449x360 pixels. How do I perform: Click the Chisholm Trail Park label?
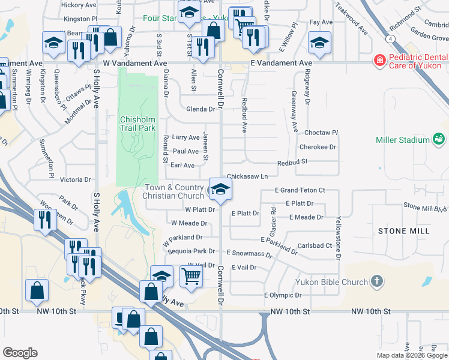(137, 123)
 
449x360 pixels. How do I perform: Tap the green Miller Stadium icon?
(439, 140)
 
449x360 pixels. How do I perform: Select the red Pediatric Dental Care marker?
(379, 61)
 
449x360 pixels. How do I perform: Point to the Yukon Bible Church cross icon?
(376, 281)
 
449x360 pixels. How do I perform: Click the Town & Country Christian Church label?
(174, 192)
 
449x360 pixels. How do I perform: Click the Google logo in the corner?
(20, 353)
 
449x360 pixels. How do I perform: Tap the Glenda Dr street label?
(200, 109)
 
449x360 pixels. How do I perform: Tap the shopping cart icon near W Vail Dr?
(191, 277)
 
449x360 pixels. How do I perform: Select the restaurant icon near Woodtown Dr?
(44, 220)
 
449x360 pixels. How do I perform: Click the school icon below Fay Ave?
(319, 43)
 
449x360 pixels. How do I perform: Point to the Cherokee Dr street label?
(318, 146)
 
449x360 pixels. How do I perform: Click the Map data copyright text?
(412, 355)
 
